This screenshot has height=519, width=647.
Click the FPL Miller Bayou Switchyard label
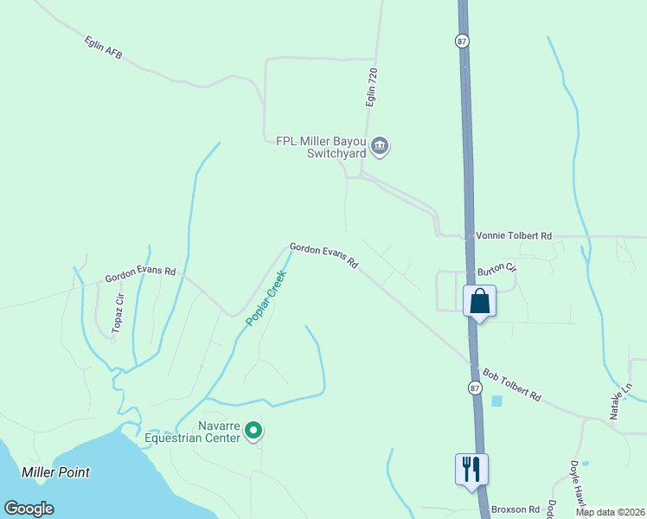322,148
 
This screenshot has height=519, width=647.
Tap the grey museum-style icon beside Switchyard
379,148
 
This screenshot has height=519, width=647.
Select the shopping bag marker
480,302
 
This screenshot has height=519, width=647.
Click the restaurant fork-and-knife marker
471,470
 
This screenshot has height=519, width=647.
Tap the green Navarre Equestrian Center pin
253,430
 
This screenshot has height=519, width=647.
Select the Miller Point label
56,472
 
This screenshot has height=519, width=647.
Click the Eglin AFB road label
104,48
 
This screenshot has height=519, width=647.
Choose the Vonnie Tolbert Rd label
514,236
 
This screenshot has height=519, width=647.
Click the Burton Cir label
496,267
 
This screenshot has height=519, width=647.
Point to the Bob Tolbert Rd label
512,385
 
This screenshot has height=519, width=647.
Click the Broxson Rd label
516,509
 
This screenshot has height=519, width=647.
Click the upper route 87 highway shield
462,41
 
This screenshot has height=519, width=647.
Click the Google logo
29,509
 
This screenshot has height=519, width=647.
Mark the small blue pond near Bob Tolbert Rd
496,401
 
